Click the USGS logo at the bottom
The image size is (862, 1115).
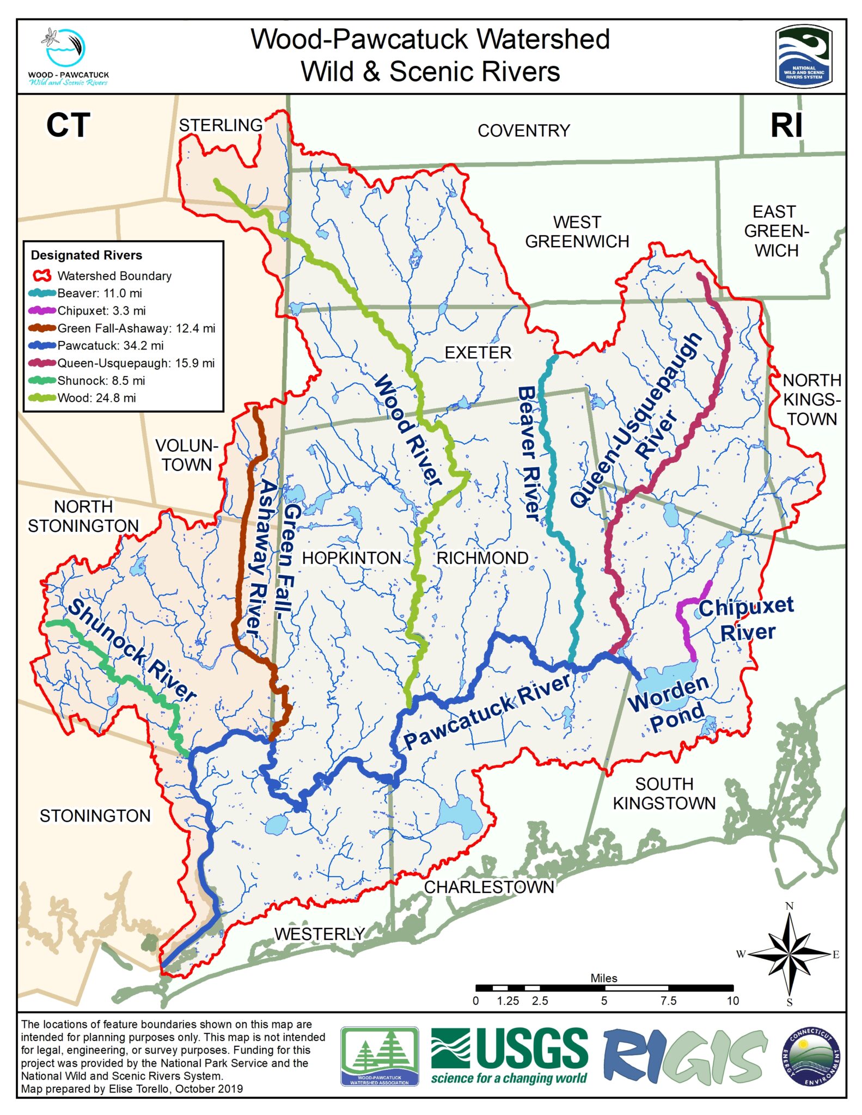[509, 1056]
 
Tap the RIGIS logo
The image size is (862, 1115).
[684, 1056]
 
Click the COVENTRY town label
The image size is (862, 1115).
[523, 131]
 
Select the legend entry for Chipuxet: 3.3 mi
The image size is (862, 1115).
[101, 311]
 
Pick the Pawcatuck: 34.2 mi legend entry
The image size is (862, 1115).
[110, 346]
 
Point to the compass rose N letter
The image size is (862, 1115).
[789, 906]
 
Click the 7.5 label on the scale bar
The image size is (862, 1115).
[668, 1001]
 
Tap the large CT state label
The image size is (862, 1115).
[68, 126]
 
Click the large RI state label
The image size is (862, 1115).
[786, 126]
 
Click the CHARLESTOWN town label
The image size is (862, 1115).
[488, 887]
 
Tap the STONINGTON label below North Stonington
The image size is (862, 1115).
[95, 816]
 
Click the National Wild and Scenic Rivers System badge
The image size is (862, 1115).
[803, 56]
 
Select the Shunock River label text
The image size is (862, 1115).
[131, 651]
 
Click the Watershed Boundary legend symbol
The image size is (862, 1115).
[43, 276]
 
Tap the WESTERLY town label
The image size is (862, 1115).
[319, 934]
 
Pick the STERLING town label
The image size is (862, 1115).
[221, 126]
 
